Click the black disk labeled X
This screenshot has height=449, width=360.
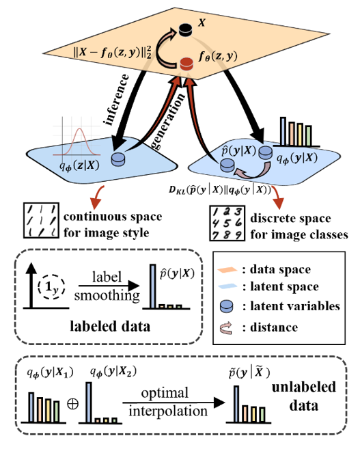[x=185, y=30]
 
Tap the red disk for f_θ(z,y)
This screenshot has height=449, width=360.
[x=186, y=64]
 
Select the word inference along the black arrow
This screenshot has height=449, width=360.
[x=117, y=99]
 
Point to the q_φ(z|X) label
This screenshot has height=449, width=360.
[x=79, y=165]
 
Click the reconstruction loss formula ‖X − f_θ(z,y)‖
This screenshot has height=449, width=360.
[x=112, y=52]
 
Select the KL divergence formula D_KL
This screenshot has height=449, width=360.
[x=220, y=190]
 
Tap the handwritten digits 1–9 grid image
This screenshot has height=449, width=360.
[x=227, y=223]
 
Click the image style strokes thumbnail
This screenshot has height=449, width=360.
[x=41, y=221]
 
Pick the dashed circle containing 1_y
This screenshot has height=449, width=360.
[x=51, y=287]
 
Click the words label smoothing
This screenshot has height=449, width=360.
[x=107, y=286]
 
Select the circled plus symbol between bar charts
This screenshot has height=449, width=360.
[x=72, y=404]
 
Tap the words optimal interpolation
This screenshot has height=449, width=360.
[x=168, y=403]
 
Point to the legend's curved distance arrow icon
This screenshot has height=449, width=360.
[x=226, y=327]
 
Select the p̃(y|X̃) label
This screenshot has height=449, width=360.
[x=249, y=373]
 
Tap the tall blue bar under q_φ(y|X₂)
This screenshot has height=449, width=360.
[x=89, y=403]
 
